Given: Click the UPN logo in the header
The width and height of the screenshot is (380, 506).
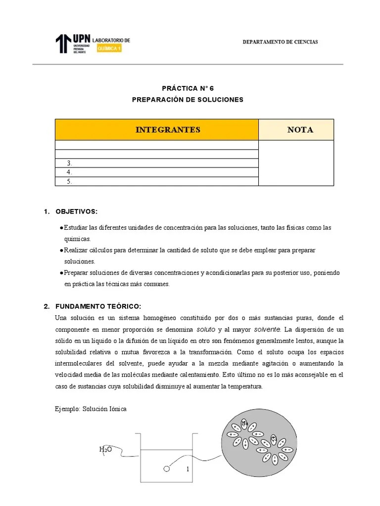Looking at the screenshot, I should (72, 43).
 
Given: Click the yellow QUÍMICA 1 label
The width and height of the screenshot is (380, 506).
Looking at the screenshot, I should (109, 49).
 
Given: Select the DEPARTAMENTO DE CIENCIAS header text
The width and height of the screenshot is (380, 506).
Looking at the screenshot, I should (280, 42).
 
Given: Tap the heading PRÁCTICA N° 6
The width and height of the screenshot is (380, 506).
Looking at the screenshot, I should (188, 88).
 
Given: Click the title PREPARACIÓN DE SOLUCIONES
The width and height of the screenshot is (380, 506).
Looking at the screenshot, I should (188, 99).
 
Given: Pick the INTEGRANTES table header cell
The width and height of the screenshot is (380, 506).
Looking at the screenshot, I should (157, 130).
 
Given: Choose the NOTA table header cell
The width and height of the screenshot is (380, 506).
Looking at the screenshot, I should (296, 130).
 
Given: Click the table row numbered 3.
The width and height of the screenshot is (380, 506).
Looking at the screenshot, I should (157, 163).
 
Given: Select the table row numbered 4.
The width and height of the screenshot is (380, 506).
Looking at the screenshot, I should (157, 172).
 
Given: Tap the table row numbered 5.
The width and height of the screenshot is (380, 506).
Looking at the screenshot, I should (157, 181).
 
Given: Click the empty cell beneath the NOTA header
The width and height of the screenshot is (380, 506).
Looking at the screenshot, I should (296, 163).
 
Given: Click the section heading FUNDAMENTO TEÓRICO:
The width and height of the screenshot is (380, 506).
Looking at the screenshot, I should (95, 306).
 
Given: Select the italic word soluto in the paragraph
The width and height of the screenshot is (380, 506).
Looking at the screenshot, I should (206, 329).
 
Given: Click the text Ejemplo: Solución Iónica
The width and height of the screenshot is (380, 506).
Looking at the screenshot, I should (91, 410).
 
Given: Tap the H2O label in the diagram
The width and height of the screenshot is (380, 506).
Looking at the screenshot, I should (105, 449).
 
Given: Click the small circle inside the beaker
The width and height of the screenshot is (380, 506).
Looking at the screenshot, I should (166, 468).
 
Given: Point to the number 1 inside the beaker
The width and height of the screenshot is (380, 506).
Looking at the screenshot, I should (188, 469).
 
